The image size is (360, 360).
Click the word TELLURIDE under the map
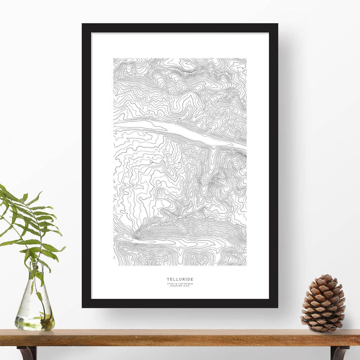click(180, 279)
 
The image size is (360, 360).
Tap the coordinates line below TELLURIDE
click(180, 283)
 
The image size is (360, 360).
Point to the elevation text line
click(180, 286)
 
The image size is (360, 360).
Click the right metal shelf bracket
click(339, 352)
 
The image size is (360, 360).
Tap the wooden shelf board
click(180, 338)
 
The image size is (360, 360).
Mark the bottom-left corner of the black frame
click(84, 306)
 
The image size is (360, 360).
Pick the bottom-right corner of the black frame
click(276, 306)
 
